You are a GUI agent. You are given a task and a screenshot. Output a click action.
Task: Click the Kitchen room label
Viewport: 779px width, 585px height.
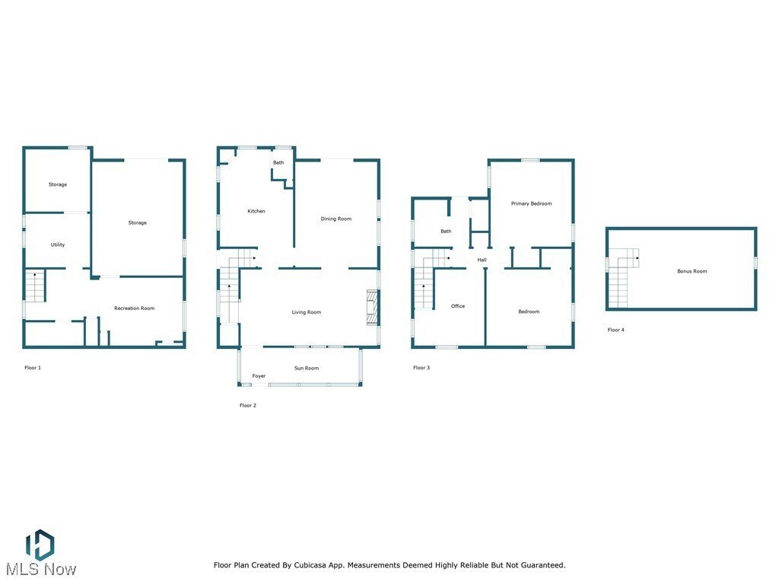point(256,211)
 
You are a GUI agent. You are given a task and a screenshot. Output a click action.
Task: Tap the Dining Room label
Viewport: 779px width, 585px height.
point(335,219)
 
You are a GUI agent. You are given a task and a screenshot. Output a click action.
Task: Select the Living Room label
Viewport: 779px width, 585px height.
point(307,312)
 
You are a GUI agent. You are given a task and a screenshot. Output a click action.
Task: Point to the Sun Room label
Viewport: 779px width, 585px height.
point(307,368)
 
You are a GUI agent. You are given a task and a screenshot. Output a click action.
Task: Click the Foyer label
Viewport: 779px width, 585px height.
point(259,376)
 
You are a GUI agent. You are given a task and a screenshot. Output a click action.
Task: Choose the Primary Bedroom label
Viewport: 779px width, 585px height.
point(531,203)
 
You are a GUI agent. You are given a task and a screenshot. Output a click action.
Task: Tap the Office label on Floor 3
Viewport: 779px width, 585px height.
point(457,306)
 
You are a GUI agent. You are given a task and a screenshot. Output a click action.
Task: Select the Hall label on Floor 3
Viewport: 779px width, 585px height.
point(482,261)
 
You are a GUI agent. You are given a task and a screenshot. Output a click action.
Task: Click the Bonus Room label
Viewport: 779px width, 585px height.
point(692,271)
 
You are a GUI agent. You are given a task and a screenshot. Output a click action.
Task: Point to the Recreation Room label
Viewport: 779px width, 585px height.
point(134,308)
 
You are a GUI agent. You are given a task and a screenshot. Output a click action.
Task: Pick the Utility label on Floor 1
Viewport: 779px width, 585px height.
point(58,245)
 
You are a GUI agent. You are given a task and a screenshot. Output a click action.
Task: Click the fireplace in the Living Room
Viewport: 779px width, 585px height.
point(372,307)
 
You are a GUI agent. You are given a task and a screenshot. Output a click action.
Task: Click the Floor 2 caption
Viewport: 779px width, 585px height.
point(248,405)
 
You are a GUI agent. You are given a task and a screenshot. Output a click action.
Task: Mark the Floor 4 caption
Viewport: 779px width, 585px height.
point(615,330)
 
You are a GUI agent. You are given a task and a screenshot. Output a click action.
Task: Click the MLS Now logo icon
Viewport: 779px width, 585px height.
point(40,545)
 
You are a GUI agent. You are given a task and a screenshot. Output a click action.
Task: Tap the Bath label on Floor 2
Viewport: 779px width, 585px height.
point(278,162)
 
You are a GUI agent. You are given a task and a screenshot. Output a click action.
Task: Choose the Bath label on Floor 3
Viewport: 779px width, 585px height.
point(446,232)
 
